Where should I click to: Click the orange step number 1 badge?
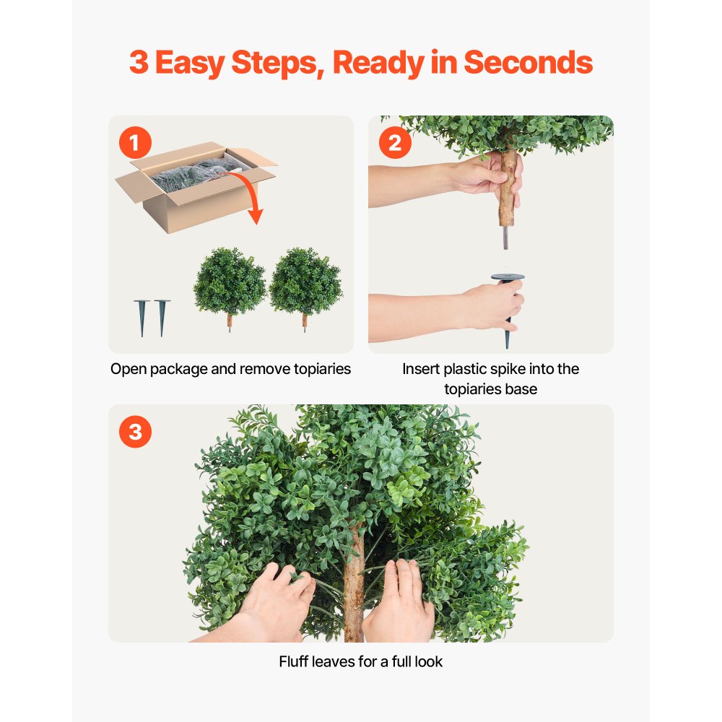click(x=134, y=143)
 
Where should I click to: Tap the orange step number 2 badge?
click(x=394, y=143)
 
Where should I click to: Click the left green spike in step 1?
click(x=142, y=317)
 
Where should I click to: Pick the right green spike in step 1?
click(x=162, y=317)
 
